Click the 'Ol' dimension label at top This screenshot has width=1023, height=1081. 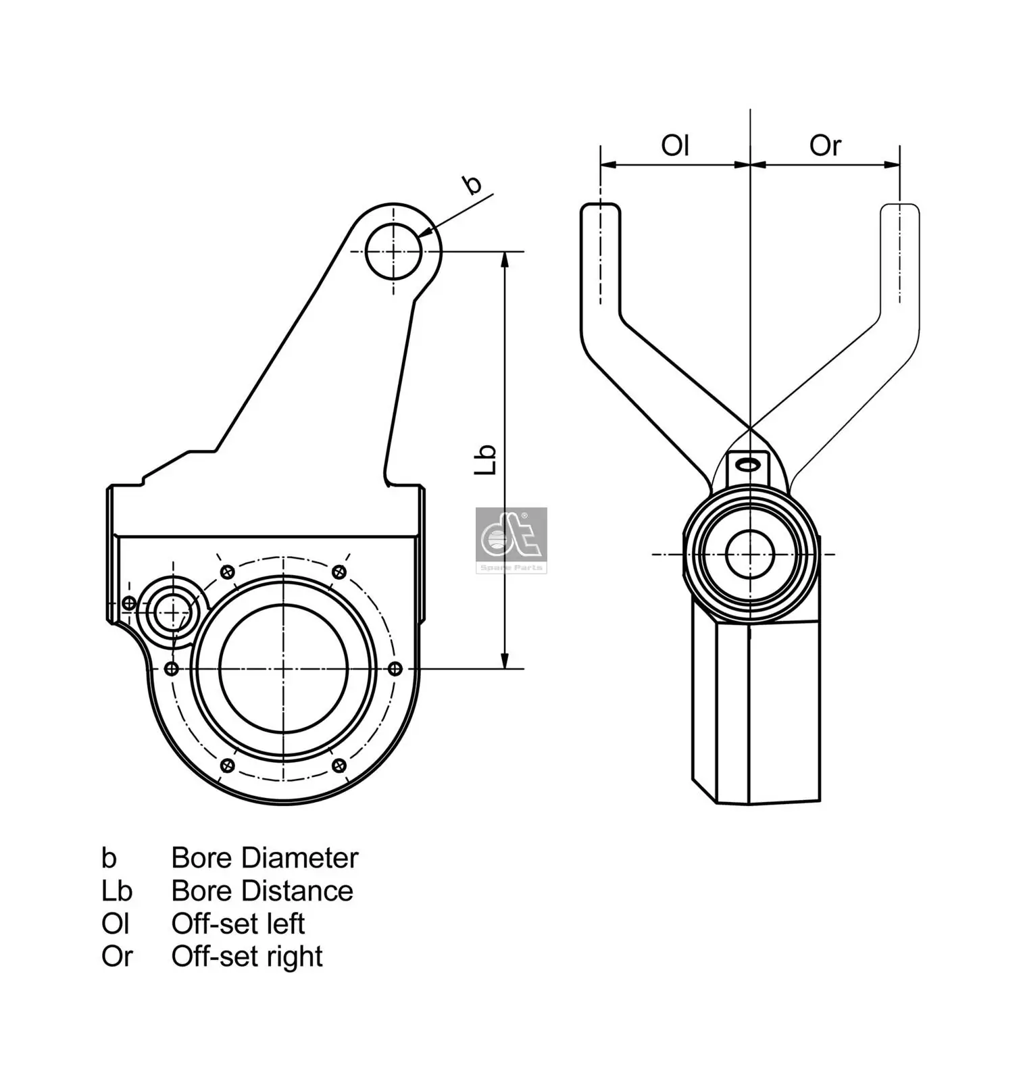point(674,145)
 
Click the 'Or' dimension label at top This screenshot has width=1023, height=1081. point(824,145)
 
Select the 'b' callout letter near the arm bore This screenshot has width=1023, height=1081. point(472,184)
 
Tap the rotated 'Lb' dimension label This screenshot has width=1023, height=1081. point(485,459)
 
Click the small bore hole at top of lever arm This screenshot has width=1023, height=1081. point(393,251)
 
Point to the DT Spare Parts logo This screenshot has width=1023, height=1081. point(511,540)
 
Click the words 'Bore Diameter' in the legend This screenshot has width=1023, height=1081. point(264,858)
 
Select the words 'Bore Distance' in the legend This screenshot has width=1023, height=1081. point(262,891)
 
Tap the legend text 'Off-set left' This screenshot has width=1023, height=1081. point(238,924)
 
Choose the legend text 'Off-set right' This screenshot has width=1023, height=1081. point(247,957)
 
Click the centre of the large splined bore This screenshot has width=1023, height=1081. point(284,668)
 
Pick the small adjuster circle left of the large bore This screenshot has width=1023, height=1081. point(174,612)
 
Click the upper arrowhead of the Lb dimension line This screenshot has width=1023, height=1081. point(504,259)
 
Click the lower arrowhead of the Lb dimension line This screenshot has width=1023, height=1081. point(504,661)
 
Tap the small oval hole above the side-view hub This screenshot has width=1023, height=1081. point(748,464)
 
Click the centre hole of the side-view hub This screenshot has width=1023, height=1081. point(749,555)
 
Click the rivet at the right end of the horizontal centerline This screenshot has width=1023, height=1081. point(396,668)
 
